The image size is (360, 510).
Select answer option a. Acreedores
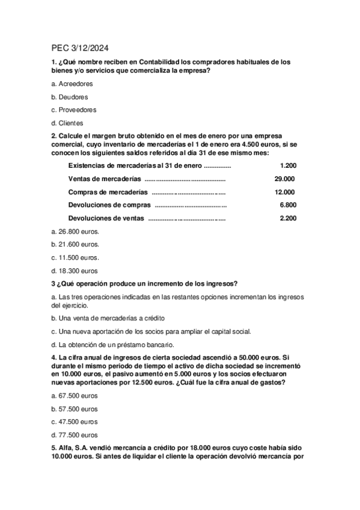[72, 84]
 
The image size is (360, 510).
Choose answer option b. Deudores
[70, 97]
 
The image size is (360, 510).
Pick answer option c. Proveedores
[73, 109]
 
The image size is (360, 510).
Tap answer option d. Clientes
[67, 123]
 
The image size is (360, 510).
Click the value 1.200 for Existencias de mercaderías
[288, 165]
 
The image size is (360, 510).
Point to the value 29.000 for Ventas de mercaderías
[284, 179]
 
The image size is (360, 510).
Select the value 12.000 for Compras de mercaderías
[284, 192]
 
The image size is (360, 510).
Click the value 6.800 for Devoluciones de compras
[288, 205]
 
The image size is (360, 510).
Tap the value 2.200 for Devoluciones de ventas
[288, 218]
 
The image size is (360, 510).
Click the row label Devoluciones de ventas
[106, 218]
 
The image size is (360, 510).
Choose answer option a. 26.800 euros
[75, 231]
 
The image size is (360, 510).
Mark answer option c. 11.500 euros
[75, 257]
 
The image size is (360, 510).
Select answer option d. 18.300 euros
[75, 271]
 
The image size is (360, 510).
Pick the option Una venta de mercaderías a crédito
[108, 318]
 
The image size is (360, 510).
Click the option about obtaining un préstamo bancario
[112, 345]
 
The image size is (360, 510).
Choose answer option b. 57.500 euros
[75, 408]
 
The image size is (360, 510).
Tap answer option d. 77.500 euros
[75, 435]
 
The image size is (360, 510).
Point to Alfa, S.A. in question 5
[75, 449]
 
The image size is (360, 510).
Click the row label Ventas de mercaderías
[105, 179]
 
